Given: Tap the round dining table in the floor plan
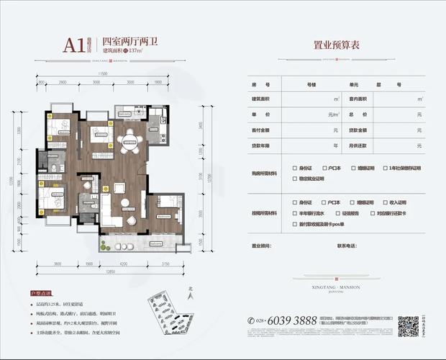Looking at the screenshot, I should click(x=130, y=140).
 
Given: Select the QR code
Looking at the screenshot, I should click(x=409, y=325).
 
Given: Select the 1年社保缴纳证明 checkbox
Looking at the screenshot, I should click(x=387, y=168).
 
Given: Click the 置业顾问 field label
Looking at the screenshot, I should click(x=264, y=246).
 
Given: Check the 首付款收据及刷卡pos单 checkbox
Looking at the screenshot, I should click(x=295, y=224).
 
